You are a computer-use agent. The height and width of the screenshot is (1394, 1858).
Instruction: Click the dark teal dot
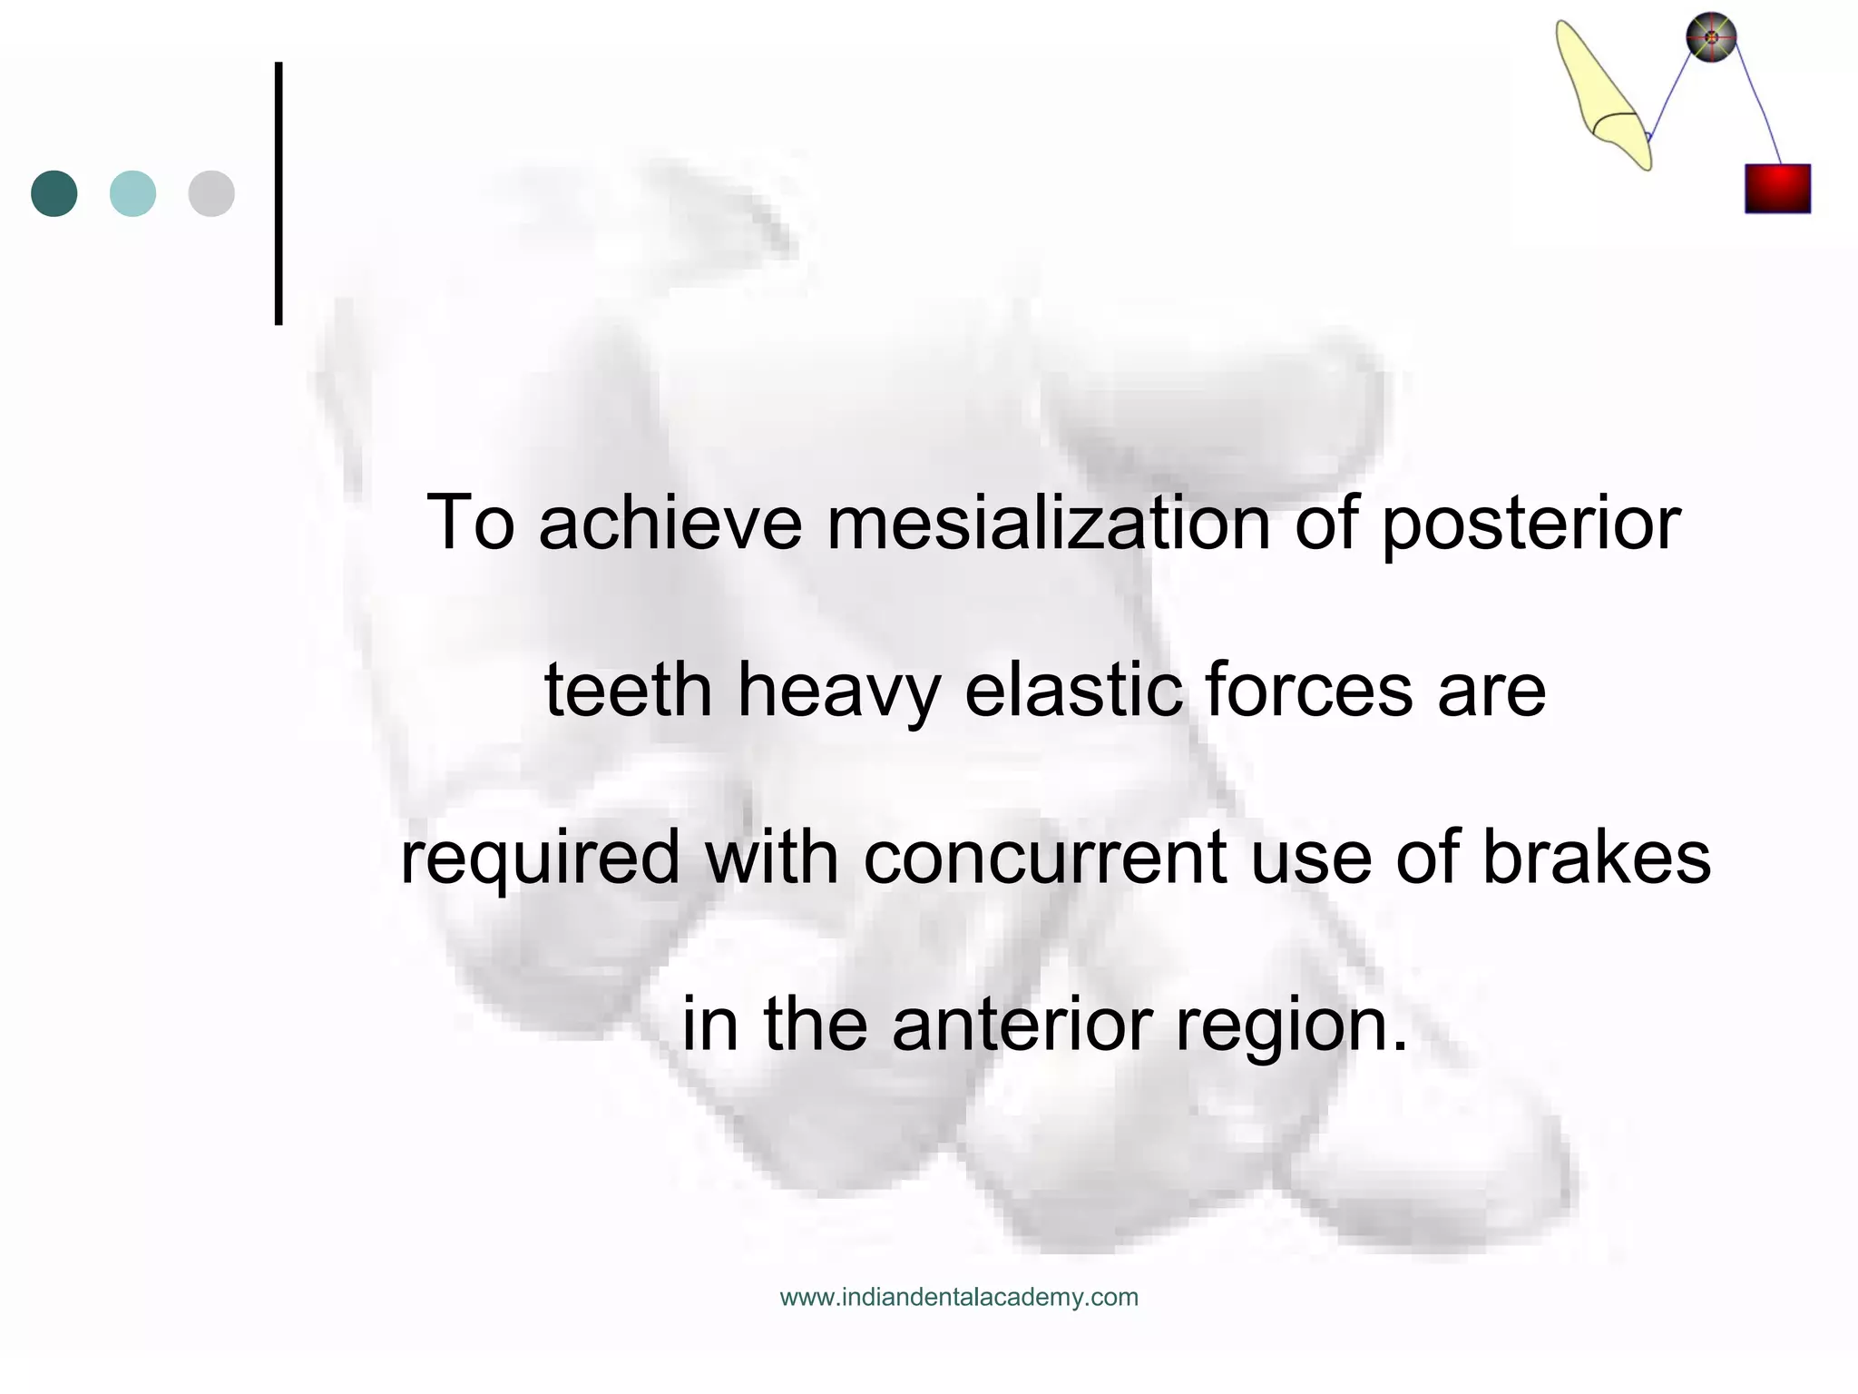point(54,193)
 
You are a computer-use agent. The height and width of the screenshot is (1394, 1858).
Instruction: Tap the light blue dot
point(132,193)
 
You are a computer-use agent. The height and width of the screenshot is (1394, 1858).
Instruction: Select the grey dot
point(211,193)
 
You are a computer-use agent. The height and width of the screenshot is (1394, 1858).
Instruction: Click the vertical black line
point(279,193)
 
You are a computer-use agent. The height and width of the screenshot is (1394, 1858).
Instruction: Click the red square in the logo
point(1777,189)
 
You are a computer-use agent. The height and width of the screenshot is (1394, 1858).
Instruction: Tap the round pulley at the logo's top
point(1711,37)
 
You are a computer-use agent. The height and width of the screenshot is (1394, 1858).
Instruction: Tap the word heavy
point(839,692)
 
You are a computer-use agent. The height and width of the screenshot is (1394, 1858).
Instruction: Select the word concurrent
point(1044,859)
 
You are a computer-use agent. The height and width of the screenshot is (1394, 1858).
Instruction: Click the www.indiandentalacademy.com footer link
point(959,1298)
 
